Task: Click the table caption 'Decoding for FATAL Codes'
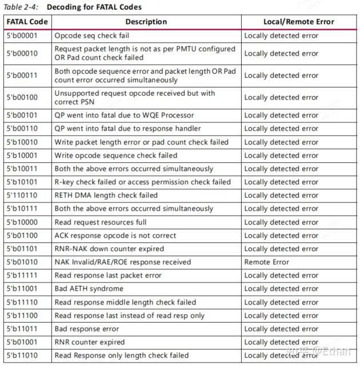coord(94,7)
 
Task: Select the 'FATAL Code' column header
coord(27,22)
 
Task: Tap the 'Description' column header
coord(146,22)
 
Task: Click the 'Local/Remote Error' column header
coord(298,22)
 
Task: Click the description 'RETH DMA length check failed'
coord(106,195)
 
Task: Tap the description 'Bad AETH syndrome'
coord(89,289)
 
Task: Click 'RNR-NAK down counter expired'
coord(109,249)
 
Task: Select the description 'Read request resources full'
coord(101,222)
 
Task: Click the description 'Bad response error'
coord(87,329)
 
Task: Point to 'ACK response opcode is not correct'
coord(115,235)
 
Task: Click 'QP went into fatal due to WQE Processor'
coord(124,115)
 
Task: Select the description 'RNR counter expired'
coord(89,342)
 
